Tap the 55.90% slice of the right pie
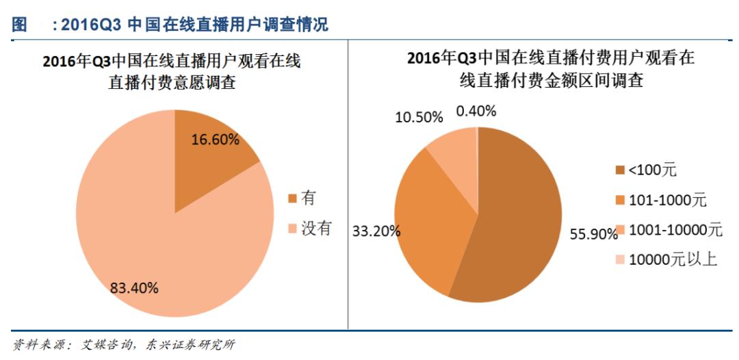(x=520, y=219)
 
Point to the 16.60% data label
(x=216, y=140)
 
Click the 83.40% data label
(x=134, y=287)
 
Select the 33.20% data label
(x=376, y=231)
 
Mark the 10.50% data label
(x=419, y=117)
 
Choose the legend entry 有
(x=302, y=198)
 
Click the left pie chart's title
(x=171, y=72)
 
